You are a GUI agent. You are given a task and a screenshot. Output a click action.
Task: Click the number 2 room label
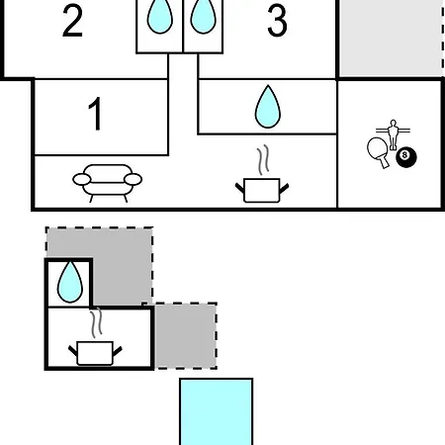point(72,21)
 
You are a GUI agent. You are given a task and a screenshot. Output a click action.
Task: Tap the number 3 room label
point(277,21)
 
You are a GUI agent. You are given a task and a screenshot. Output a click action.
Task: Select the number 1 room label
point(95,114)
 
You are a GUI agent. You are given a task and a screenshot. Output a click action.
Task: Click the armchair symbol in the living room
point(108,183)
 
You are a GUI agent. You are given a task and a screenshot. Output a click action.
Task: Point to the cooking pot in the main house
point(262,190)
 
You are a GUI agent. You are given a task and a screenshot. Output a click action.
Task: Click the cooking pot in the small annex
point(95,353)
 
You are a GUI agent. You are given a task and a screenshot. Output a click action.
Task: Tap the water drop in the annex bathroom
point(69,282)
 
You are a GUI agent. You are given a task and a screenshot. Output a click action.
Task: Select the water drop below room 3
point(268,107)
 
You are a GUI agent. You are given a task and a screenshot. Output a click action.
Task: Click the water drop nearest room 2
point(160,16)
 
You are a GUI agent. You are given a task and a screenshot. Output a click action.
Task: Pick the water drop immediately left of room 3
point(203,16)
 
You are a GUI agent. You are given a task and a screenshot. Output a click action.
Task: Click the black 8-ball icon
point(406,157)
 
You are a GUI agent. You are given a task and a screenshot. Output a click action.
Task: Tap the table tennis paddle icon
point(379,151)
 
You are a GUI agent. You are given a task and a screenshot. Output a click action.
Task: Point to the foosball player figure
point(393,134)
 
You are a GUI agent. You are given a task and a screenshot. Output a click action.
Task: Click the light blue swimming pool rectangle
point(217,411)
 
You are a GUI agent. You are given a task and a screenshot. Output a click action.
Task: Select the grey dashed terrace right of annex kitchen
point(185,335)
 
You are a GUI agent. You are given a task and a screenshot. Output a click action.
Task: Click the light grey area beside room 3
point(392,38)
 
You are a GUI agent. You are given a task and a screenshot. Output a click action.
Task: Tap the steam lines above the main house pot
point(263,159)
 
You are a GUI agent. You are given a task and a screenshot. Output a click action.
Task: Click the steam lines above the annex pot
point(96,322)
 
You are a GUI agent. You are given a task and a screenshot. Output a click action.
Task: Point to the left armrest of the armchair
point(81,180)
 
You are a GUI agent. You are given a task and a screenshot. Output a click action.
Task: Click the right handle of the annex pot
point(118,351)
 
